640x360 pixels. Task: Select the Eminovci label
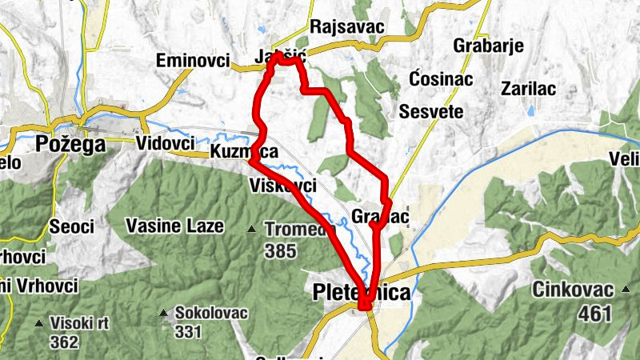pos(193,61)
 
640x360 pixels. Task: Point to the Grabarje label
pos(488,46)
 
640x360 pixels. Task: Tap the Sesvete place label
pos(431,111)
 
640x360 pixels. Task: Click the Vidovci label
pos(166,142)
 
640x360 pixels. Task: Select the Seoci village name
pos(71,226)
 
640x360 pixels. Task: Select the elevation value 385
pos(281,252)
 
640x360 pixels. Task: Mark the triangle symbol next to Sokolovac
pos(164,313)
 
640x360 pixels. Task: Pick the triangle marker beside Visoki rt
pos(39,323)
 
